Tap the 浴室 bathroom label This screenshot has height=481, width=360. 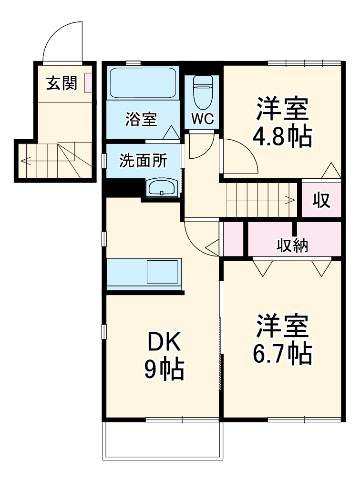pyautogui.click(x=141, y=119)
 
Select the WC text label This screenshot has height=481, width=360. pyautogui.click(x=202, y=119)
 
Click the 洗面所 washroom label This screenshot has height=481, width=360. pyautogui.click(x=143, y=161)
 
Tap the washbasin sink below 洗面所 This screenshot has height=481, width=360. pyautogui.click(x=163, y=187)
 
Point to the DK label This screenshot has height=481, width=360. pyautogui.click(x=164, y=342)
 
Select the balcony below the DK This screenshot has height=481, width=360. pyautogui.click(x=163, y=440)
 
